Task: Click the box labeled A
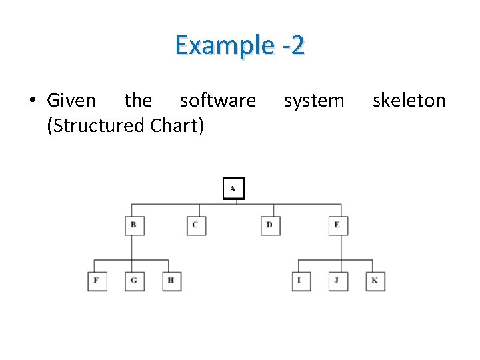(x=233, y=189)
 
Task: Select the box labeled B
(x=134, y=225)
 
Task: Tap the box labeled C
(x=196, y=225)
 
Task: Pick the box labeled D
(x=270, y=225)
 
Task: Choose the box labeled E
(x=338, y=225)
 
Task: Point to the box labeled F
(x=97, y=281)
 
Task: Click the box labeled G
(x=134, y=281)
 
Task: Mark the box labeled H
(x=171, y=281)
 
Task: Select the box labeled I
(x=301, y=281)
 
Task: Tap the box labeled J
(x=338, y=281)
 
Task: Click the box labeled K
(x=375, y=281)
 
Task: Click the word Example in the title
(x=224, y=45)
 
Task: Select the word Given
(x=71, y=101)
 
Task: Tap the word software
(x=218, y=101)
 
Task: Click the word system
(x=314, y=101)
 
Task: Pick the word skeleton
(x=409, y=101)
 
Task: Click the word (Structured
(x=97, y=125)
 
